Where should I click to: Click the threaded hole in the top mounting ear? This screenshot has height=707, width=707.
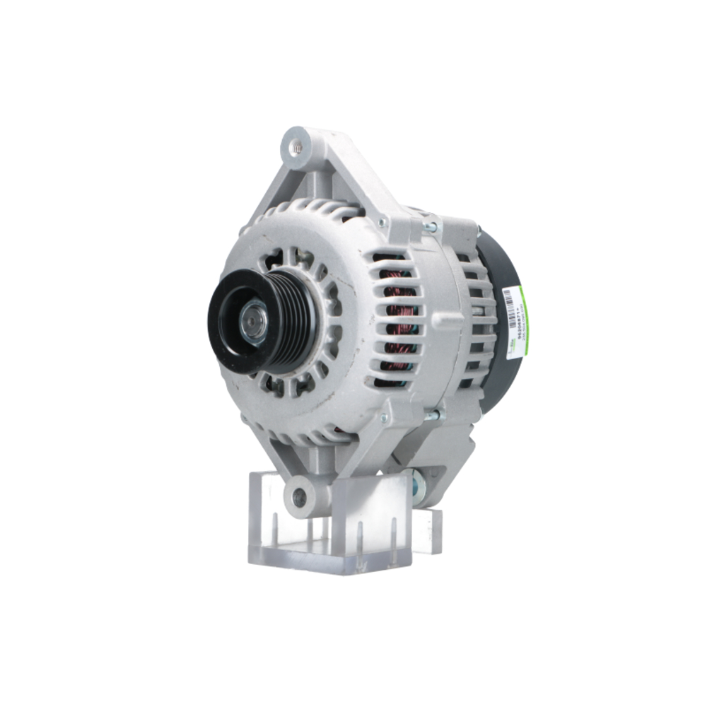coord(296,146)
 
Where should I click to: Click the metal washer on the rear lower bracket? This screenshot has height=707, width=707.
coord(419,485)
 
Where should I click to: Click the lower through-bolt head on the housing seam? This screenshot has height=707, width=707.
coord(432,416)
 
